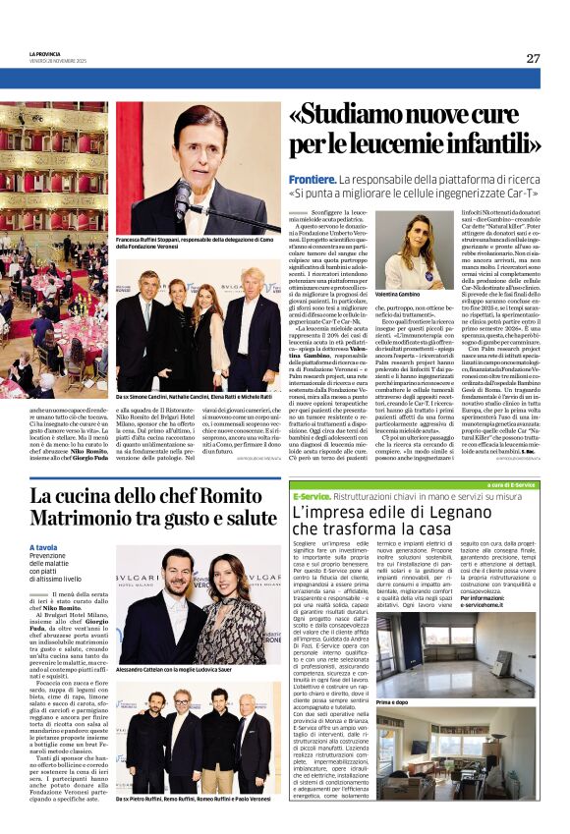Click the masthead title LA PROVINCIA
(x=45, y=55)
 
